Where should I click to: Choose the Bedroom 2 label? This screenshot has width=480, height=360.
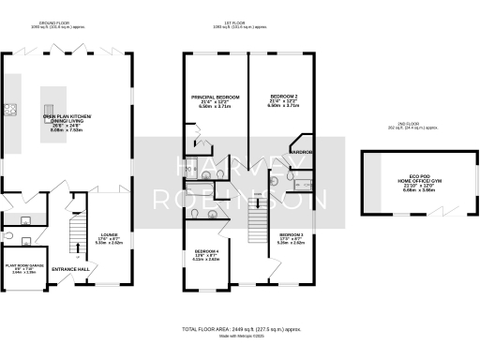point(284,100)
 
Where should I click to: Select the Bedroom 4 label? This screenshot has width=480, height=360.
point(207,254)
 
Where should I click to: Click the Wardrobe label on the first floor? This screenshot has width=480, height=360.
point(302,151)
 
